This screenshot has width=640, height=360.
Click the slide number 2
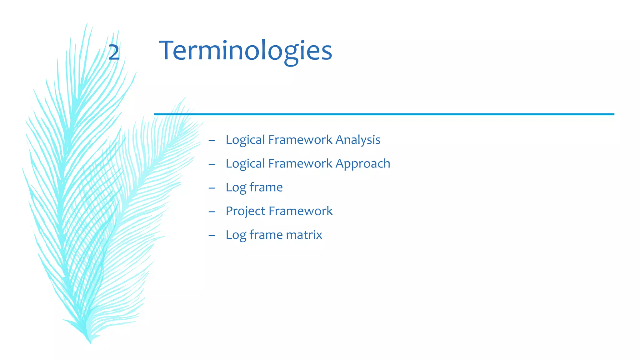click(x=114, y=52)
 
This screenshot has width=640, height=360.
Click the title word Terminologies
click(x=246, y=51)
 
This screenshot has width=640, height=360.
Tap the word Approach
click(x=363, y=164)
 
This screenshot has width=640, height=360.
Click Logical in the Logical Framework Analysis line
click(x=245, y=140)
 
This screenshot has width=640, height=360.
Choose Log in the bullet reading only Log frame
click(x=236, y=187)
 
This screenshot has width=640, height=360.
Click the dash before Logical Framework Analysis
click(x=212, y=141)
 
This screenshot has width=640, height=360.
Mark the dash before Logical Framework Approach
click(x=212, y=164)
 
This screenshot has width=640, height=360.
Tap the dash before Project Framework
click(x=212, y=212)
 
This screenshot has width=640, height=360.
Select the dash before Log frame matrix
click(x=212, y=236)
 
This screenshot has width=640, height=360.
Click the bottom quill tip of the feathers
click(x=90, y=342)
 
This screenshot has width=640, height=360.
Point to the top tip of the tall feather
click(x=87, y=24)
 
